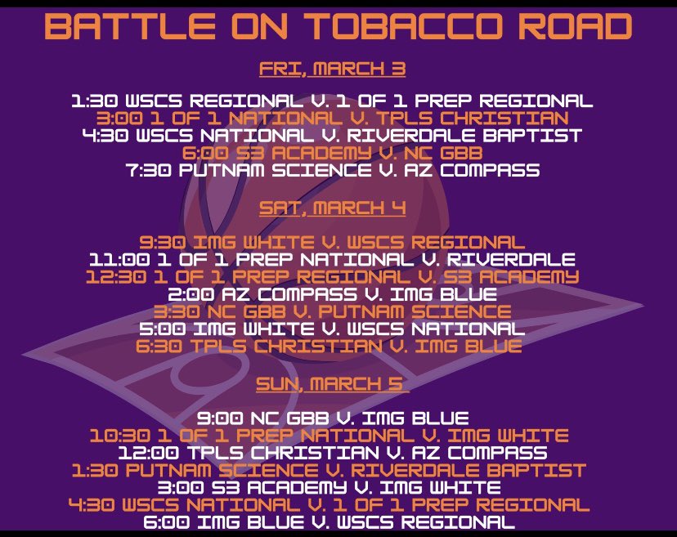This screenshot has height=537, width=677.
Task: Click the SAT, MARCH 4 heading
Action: pos(332,208)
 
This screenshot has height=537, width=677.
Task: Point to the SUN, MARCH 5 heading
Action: pos(332,383)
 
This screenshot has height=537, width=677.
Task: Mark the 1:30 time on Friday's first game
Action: pos(89,101)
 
